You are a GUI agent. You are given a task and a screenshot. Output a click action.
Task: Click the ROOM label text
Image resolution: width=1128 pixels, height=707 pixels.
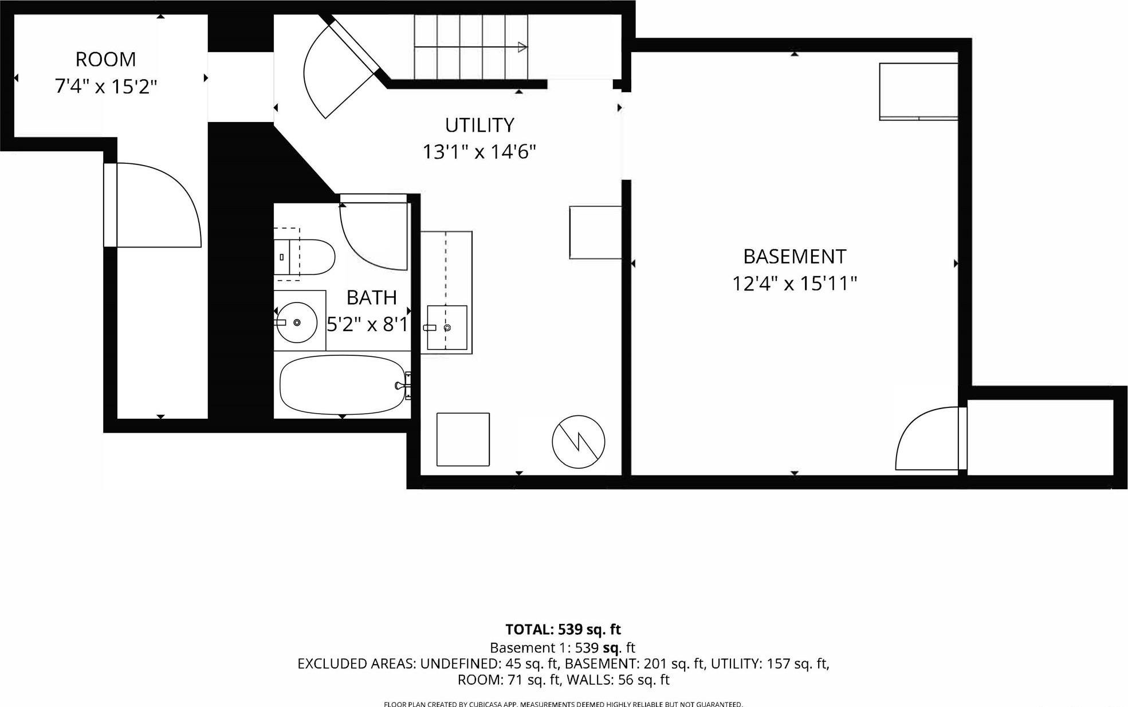coord(106,60)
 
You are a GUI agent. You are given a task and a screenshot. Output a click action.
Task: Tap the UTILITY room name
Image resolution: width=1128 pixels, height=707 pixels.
coord(480,125)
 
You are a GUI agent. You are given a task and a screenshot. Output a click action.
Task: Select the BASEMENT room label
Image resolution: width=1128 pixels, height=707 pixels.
coord(795,257)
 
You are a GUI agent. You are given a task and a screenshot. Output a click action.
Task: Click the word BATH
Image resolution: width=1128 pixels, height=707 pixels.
coord(372,298)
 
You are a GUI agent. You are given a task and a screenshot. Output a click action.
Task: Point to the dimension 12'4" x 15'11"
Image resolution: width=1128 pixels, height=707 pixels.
coord(795,284)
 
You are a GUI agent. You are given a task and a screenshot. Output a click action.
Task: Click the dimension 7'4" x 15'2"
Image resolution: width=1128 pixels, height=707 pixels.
coord(106,87)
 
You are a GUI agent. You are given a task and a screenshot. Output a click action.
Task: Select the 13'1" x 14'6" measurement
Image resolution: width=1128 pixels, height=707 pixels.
coord(480,152)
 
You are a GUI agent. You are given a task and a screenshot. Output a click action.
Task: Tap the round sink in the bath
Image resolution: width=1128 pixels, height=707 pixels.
coord(297,323)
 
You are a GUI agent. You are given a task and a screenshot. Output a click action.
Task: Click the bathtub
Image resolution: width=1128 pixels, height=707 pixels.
coord(343,384)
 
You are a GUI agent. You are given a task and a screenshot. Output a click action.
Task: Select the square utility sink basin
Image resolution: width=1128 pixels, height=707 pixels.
coord(447,327)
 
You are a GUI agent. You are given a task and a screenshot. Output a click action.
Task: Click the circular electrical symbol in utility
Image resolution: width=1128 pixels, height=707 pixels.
coord(579,442)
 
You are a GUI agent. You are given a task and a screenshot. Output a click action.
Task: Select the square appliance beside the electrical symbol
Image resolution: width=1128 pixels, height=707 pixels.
coord(463,439)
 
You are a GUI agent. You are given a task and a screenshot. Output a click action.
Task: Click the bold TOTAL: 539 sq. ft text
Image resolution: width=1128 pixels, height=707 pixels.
coord(563,630)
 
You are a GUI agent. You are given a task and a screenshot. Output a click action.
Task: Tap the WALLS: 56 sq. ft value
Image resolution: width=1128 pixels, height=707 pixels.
coord(635,680)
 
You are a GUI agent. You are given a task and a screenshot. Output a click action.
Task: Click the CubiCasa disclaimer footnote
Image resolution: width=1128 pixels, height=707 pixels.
coord(563,704)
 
